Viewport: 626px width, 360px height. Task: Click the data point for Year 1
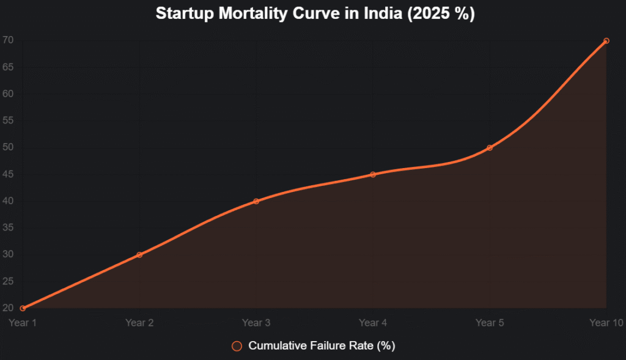point(23,308)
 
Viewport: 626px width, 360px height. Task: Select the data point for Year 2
point(139,255)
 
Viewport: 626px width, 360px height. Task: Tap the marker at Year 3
point(256,201)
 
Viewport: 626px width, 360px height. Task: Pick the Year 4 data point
point(373,174)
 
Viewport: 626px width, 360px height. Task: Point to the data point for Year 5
point(490,148)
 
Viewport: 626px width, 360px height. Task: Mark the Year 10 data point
point(606,41)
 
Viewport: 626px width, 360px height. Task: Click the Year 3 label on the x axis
point(256,323)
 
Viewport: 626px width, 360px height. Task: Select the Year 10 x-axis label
point(606,323)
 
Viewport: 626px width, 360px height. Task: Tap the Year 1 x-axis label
point(23,323)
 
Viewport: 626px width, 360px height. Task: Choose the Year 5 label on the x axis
point(490,323)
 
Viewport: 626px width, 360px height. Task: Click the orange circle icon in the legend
point(237,346)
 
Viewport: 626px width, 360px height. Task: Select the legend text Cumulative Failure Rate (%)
point(322,346)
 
